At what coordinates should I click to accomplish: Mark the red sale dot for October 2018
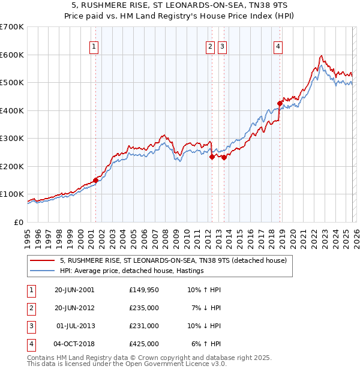pyautogui.click(x=280, y=104)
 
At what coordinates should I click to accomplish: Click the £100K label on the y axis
pyautogui.click(x=12, y=194)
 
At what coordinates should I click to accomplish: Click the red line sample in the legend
pyautogui.click(x=42, y=260)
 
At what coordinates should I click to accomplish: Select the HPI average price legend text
pyautogui.click(x=131, y=271)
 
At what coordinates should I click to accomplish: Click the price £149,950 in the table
pyautogui.click(x=143, y=290)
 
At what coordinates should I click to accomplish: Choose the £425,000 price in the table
pyautogui.click(x=143, y=344)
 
